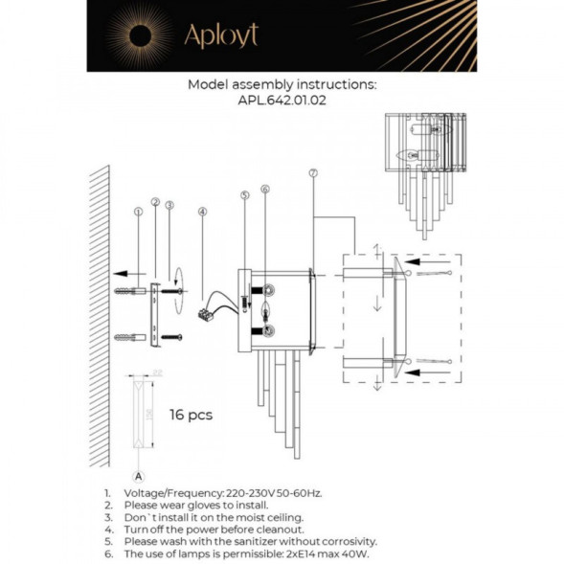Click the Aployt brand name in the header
click(221, 37)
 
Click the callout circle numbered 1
click(140, 203)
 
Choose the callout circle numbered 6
click(265, 190)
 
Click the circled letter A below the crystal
click(140, 474)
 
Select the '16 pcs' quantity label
click(191, 415)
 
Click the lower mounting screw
click(169, 336)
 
